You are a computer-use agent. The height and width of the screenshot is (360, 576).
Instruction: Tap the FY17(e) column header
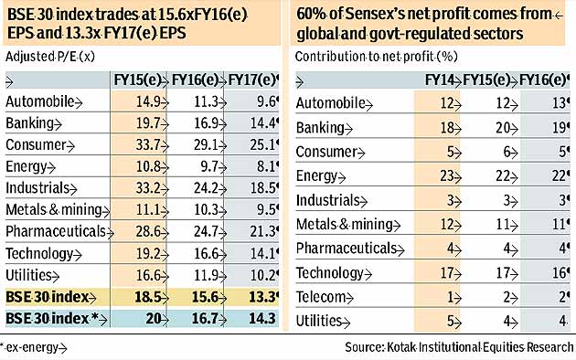pyautogui.click(x=253, y=80)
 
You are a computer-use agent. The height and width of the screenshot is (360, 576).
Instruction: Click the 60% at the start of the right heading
pyautogui.click(x=309, y=14)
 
